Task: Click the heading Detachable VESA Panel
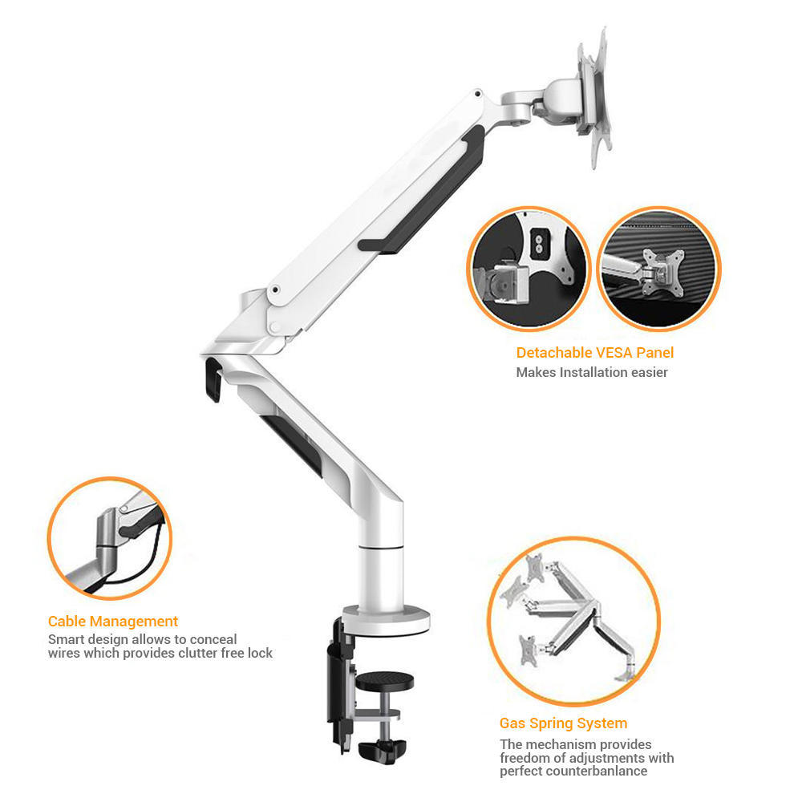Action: click(595, 352)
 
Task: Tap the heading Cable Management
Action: click(113, 621)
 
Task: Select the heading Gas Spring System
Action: click(563, 723)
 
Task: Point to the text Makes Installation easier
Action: click(592, 372)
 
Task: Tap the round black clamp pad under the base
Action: click(385, 681)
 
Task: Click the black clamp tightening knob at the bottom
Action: click(382, 751)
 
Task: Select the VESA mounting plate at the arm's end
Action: click(593, 97)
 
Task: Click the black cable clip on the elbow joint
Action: click(213, 379)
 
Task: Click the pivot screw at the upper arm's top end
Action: click(478, 94)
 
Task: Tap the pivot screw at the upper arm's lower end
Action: click(275, 290)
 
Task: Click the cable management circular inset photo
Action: click(109, 538)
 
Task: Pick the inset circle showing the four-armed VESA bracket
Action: click(659, 269)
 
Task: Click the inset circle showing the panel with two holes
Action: click(529, 269)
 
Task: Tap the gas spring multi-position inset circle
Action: click(573, 622)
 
